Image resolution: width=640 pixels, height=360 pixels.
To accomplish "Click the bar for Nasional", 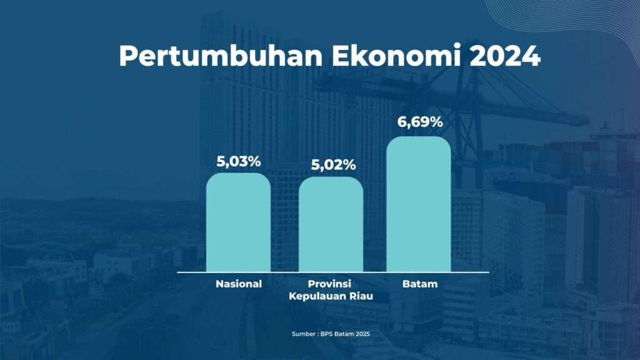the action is (x=238, y=222).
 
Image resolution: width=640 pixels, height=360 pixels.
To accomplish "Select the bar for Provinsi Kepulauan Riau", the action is (x=331, y=224).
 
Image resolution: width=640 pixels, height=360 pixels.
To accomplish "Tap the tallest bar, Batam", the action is (x=419, y=204).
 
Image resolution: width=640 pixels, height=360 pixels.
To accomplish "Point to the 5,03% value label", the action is (x=238, y=162).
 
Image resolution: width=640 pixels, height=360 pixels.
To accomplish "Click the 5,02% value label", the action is (x=333, y=165).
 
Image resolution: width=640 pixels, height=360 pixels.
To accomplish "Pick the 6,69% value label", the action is (x=420, y=122).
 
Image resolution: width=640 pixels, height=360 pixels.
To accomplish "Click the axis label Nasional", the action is (x=239, y=284).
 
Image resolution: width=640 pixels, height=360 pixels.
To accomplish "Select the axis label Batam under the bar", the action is (x=420, y=284).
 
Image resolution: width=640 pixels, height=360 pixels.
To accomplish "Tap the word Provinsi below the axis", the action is (x=329, y=284).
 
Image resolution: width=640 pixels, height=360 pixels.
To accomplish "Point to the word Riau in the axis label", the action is (x=363, y=296).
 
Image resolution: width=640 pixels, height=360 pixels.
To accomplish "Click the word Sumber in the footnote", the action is (x=303, y=334).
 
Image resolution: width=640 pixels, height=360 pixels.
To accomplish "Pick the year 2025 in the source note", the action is (x=363, y=334).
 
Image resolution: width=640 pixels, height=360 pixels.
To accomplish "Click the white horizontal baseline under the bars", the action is (x=333, y=272).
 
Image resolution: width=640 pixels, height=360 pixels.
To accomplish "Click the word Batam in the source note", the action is (x=344, y=334).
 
